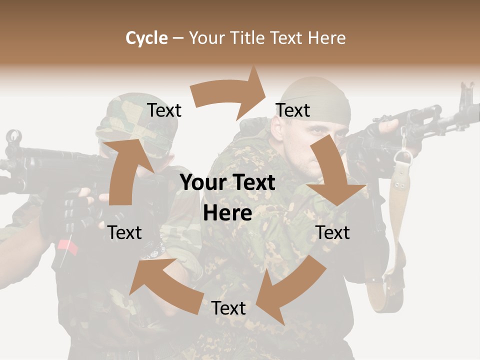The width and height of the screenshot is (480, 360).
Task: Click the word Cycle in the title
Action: [146, 38]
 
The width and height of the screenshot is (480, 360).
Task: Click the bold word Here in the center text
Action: [227, 213]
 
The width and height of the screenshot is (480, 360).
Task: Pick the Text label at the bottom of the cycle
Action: [228, 308]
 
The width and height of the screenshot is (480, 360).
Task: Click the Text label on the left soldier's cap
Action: [164, 110]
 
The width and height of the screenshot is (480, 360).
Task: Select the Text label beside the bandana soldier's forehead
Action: [293, 110]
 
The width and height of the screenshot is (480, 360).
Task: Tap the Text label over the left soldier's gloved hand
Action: [124, 232]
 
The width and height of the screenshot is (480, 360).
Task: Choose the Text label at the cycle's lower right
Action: [332, 232]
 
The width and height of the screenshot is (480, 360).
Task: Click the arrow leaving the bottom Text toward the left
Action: [160, 277]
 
